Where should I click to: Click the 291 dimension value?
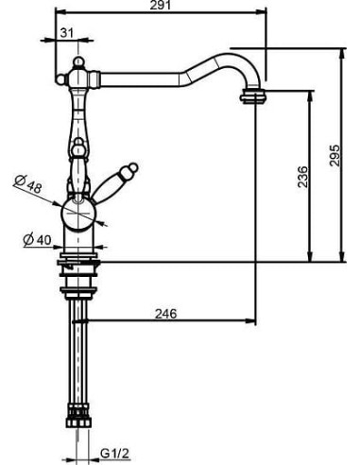[160, 5]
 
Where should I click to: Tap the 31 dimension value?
[66, 32]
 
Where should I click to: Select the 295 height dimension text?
[334, 155]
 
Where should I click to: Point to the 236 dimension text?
[302, 177]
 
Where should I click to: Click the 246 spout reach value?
[166, 314]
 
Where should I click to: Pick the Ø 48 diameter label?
[28, 184]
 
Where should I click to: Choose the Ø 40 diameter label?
[37, 240]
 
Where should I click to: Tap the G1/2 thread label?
[115, 454]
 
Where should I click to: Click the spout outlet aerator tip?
[253, 95]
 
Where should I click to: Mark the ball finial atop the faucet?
[78, 62]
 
